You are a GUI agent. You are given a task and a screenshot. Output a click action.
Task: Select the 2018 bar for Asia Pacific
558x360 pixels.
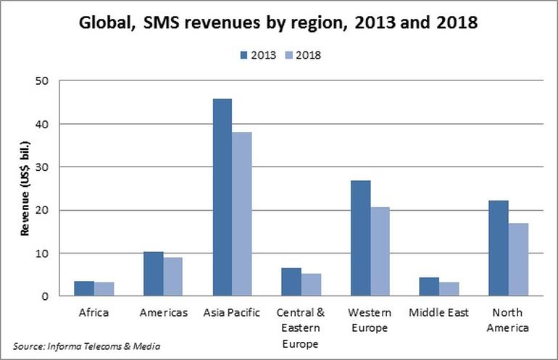(x=241, y=214)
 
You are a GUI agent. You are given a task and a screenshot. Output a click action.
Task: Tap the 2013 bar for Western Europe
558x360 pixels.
(x=360, y=238)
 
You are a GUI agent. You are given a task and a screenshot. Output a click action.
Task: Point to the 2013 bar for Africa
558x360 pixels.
(x=85, y=288)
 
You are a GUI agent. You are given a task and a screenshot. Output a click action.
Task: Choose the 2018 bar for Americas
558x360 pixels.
(x=172, y=277)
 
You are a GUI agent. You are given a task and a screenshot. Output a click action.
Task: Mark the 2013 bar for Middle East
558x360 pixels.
(x=430, y=287)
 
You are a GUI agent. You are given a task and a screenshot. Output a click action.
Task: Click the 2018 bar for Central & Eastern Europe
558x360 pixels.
(x=311, y=285)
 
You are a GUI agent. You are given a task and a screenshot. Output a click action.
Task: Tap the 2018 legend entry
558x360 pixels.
(x=301, y=55)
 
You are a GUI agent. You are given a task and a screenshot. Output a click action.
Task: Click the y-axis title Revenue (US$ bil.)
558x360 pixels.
(x=25, y=188)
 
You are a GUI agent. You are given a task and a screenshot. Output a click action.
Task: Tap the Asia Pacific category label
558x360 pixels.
(x=232, y=313)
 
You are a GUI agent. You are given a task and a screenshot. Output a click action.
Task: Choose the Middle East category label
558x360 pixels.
(x=438, y=313)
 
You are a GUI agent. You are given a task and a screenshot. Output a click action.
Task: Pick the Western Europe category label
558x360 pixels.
(x=370, y=320)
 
